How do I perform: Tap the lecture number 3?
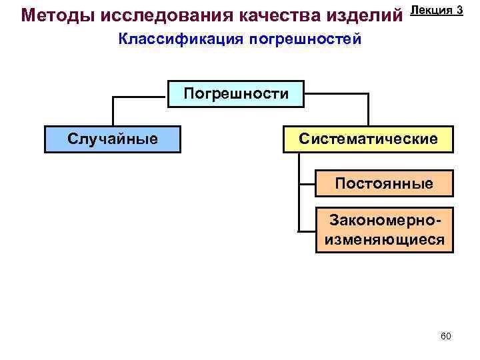(x=460, y=9)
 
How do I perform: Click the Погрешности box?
(x=236, y=93)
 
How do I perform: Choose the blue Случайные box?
(x=113, y=139)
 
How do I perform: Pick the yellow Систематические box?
(x=368, y=139)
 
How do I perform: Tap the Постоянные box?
(x=383, y=183)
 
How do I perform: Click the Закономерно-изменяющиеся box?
(x=383, y=230)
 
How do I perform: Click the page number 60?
(x=446, y=336)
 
